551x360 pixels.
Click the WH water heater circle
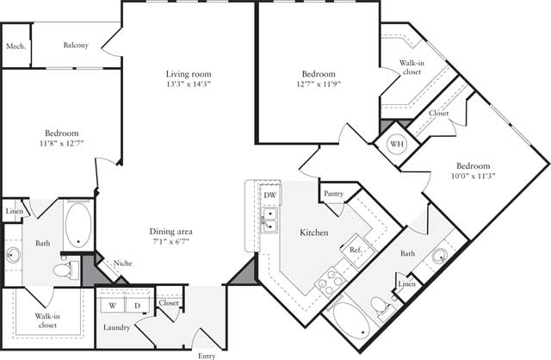397,145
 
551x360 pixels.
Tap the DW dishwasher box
270,195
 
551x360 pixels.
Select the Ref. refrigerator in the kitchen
355,250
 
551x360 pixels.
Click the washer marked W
113,306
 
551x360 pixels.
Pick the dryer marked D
136,306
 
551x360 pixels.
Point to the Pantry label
334,195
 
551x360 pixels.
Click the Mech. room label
15,46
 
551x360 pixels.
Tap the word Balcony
76,46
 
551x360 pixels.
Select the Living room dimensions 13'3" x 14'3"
189,84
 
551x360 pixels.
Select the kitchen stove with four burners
329,280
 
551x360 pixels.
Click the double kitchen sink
270,220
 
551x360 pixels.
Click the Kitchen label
313,233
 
